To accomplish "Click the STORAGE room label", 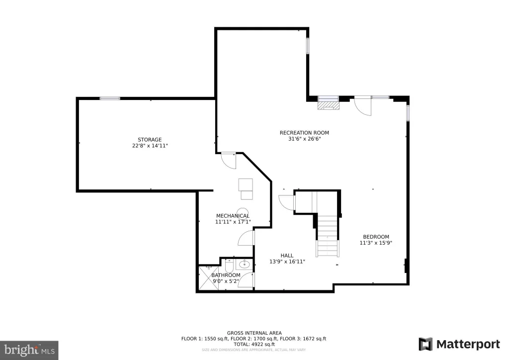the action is [x=149, y=140].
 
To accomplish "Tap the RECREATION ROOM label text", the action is [x=304, y=132].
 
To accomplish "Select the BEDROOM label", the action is [x=376, y=237].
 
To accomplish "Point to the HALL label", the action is [x=287, y=256].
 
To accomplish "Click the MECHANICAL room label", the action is [x=233, y=216].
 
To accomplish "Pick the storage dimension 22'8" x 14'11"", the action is [x=150, y=146].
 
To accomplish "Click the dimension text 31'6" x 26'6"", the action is [x=305, y=139].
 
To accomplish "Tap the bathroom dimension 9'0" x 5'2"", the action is [x=226, y=281].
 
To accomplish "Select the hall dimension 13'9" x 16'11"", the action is [x=287, y=262].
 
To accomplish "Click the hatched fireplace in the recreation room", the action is [x=329, y=106].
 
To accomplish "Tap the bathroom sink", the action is [x=245, y=265].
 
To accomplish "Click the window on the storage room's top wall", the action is [x=110, y=98].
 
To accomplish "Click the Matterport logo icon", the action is [x=425, y=344].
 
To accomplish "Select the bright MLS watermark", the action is [x=29, y=350].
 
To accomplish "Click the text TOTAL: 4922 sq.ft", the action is [x=254, y=345].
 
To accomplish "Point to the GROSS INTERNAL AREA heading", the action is [x=254, y=333].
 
